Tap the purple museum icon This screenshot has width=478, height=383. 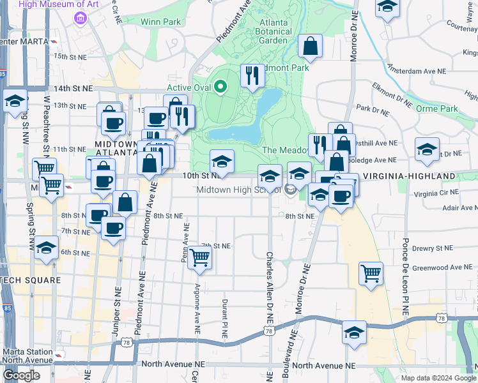pos(80,18)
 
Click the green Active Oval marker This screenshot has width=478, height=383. pos(221,86)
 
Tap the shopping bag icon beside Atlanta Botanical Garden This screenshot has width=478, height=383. pos(310,47)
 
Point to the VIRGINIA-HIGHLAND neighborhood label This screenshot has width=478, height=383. pos(409,176)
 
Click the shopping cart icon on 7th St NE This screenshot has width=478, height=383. pos(200,257)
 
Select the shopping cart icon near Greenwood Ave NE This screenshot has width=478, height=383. pos(371,273)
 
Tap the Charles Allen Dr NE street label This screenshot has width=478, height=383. pos(270,281)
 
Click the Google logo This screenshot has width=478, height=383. pos(21,375)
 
